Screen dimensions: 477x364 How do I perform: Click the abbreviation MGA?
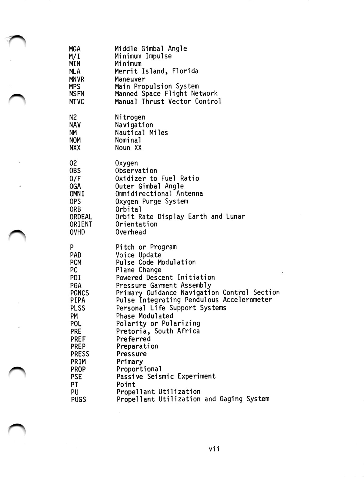pos(75,49)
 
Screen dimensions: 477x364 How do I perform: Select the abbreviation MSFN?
pos(76,94)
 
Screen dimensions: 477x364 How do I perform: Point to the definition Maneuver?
pos(130,79)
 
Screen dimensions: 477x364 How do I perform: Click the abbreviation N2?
pos(73,117)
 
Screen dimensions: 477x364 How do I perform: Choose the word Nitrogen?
pos(130,117)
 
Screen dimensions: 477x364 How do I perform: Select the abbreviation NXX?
pos(75,148)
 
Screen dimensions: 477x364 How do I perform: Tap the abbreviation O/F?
pos(75,179)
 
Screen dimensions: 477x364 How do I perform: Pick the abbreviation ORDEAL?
pos(81,217)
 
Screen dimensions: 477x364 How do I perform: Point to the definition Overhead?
pos(131,232)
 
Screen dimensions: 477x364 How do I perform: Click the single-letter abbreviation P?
pos(72,247)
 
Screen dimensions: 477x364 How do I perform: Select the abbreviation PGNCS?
pos(80,293)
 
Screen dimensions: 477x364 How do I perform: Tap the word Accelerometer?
pos(247,300)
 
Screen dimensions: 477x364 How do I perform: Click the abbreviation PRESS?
pos(80,354)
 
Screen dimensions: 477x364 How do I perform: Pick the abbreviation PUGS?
pos(79,399)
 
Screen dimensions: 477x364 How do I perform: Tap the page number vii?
pos(214,449)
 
